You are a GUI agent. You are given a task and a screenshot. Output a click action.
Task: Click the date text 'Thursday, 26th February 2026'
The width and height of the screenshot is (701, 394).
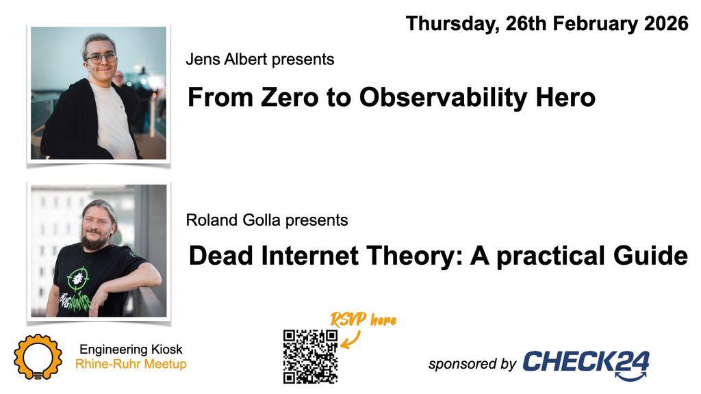[547, 24]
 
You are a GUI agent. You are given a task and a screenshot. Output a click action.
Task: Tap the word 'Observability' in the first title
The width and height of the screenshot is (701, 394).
[443, 97]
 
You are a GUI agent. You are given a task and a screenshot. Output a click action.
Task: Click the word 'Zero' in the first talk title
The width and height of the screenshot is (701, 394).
[290, 97]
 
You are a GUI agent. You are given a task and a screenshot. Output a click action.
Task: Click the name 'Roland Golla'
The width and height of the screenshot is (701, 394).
[233, 220]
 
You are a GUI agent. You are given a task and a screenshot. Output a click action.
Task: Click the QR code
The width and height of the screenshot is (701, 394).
[310, 356]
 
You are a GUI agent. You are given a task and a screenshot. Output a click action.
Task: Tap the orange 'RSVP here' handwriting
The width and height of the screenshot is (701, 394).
[364, 319]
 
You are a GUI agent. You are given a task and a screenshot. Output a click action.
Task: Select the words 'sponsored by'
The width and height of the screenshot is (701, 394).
[472, 364]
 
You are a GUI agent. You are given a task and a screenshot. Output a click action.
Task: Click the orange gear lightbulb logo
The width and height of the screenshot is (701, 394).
[38, 356]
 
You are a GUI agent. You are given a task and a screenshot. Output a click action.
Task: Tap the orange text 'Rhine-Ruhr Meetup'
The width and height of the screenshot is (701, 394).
[131, 364]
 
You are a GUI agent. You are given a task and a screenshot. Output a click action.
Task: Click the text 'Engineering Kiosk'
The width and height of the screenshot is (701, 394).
[131, 350]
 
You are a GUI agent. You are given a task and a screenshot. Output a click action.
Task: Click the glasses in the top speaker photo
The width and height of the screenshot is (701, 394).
[101, 57]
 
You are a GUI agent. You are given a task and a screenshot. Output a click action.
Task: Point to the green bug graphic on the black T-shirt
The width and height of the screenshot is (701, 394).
[77, 278]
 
